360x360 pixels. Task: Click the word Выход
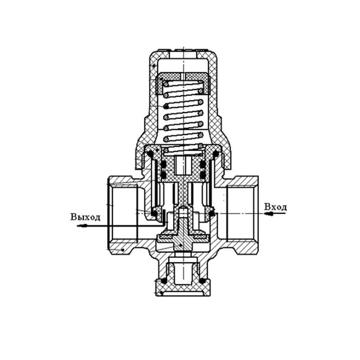[85, 217]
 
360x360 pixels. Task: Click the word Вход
[275, 207]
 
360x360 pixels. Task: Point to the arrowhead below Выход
[82, 226]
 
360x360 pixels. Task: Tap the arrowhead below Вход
[269, 214]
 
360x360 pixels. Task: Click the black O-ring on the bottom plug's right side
[202, 281]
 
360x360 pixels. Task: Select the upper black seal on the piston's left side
[164, 164]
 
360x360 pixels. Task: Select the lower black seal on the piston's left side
[164, 175]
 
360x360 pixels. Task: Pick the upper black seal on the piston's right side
[202, 164]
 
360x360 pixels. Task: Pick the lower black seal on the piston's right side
[202, 175]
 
